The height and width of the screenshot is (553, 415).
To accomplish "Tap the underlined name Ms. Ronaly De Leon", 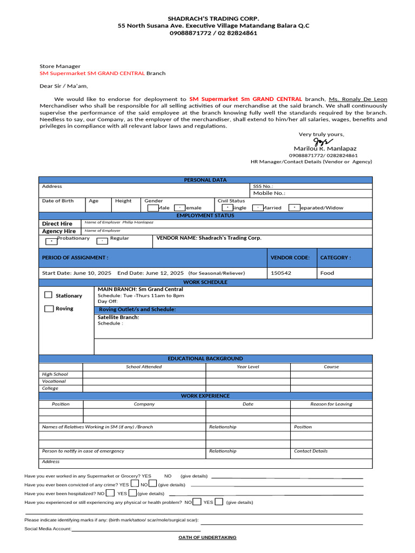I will pyautogui.click(x=358, y=99).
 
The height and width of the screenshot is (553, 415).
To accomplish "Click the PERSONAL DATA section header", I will pyautogui.click(x=205, y=180).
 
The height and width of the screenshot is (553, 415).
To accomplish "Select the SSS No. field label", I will pyautogui.click(x=263, y=186).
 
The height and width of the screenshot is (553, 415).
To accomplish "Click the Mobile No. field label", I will pyautogui.click(x=269, y=193).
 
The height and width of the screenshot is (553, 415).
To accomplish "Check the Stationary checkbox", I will pyautogui.click(x=49, y=295).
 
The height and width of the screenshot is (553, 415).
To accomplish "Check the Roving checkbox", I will pyautogui.click(x=49, y=308).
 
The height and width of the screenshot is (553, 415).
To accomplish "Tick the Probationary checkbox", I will pyautogui.click(x=50, y=241).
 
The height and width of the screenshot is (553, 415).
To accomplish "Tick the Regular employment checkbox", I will pyautogui.click(x=102, y=241).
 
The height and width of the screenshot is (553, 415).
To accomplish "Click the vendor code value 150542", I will pyautogui.click(x=281, y=273).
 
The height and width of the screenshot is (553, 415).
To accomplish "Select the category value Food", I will pyautogui.click(x=327, y=273).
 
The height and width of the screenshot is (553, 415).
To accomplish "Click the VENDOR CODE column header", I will pyautogui.click(x=290, y=258).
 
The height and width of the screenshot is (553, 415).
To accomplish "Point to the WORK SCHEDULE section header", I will pyautogui.click(x=205, y=282).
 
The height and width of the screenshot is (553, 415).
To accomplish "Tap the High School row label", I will pyautogui.click(x=55, y=374).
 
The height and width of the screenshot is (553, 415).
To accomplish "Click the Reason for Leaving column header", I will pyautogui.click(x=331, y=404).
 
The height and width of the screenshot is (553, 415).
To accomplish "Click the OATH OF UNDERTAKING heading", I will pyautogui.click(x=207, y=537).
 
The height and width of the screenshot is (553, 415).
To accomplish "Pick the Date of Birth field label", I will pyautogui.click(x=58, y=201).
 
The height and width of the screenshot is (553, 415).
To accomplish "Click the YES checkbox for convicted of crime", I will pyautogui.click(x=135, y=484).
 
